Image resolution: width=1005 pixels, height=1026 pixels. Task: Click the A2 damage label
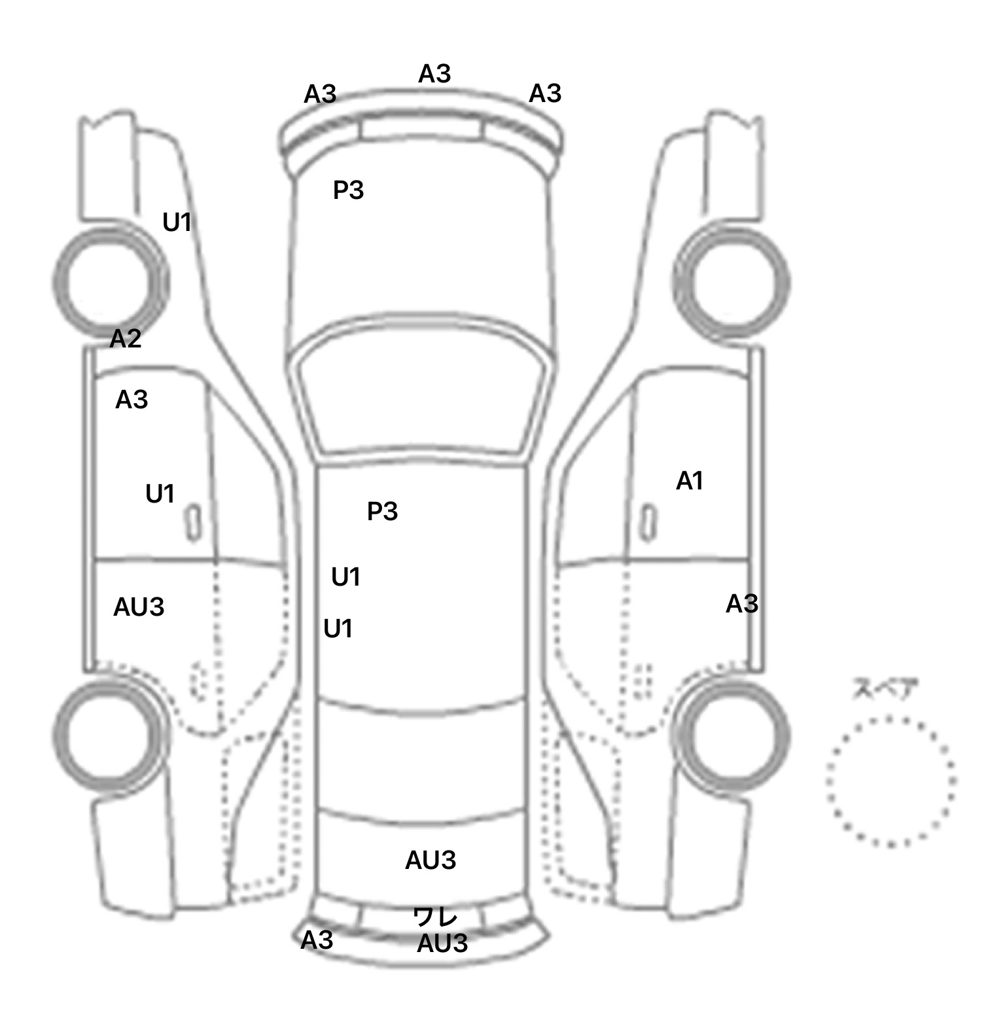coord(126,339)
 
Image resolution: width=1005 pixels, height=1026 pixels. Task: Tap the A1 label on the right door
coord(690,482)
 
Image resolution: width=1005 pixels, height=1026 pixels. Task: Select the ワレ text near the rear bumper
coord(435,916)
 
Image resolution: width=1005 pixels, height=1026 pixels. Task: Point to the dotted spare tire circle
coord(891,781)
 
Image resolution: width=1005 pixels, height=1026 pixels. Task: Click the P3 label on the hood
coord(348,190)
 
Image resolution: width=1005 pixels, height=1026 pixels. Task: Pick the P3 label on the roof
coord(383,511)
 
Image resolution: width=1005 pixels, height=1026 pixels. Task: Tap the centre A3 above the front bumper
coord(435,74)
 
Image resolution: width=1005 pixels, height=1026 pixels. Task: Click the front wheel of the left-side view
coord(109,281)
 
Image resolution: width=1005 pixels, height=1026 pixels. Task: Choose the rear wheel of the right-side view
coord(732,732)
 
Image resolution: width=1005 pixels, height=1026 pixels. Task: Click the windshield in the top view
coord(421,393)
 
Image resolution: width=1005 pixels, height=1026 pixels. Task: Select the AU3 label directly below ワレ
coord(442,944)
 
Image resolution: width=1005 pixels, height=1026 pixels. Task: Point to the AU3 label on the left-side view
coord(139,607)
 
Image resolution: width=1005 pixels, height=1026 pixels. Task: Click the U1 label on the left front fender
coord(177,222)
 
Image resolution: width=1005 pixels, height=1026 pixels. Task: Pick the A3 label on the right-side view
coord(742,603)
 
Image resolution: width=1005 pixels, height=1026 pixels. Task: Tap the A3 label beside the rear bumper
coord(317,940)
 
